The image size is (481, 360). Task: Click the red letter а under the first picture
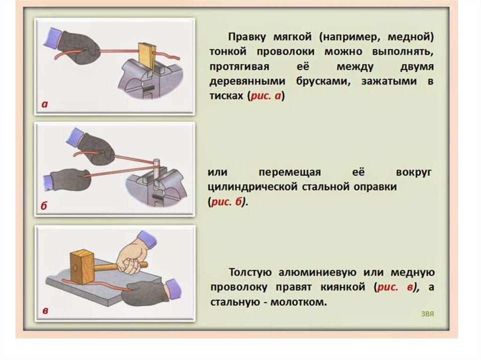(x=45, y=105)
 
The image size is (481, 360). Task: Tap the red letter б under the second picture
(x=44, y=208)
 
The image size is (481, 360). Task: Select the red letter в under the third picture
(x=45, y=311)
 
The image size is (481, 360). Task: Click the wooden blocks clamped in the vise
(x=146, y=54)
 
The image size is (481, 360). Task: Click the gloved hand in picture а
(x=80, y=47)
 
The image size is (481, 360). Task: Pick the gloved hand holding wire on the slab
(x=147, y=293)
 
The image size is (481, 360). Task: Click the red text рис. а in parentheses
(x=267, y=96)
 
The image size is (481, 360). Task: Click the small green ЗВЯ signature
(x=427, y=313)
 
